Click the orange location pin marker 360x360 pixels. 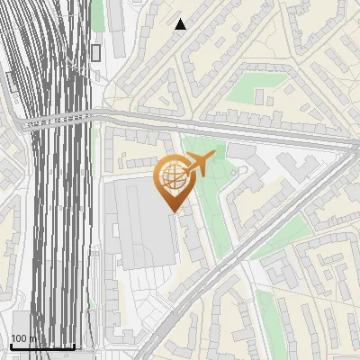tap(175, 180)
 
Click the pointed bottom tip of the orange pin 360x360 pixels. tap(175, 211)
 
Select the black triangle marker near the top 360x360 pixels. tap(181, 24)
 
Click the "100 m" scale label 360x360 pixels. tap(24, 339)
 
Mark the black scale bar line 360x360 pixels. tap(42, 346)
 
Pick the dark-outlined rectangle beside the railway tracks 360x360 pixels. tap(95, 52)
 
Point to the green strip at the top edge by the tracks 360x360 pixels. tap(97, 13)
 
